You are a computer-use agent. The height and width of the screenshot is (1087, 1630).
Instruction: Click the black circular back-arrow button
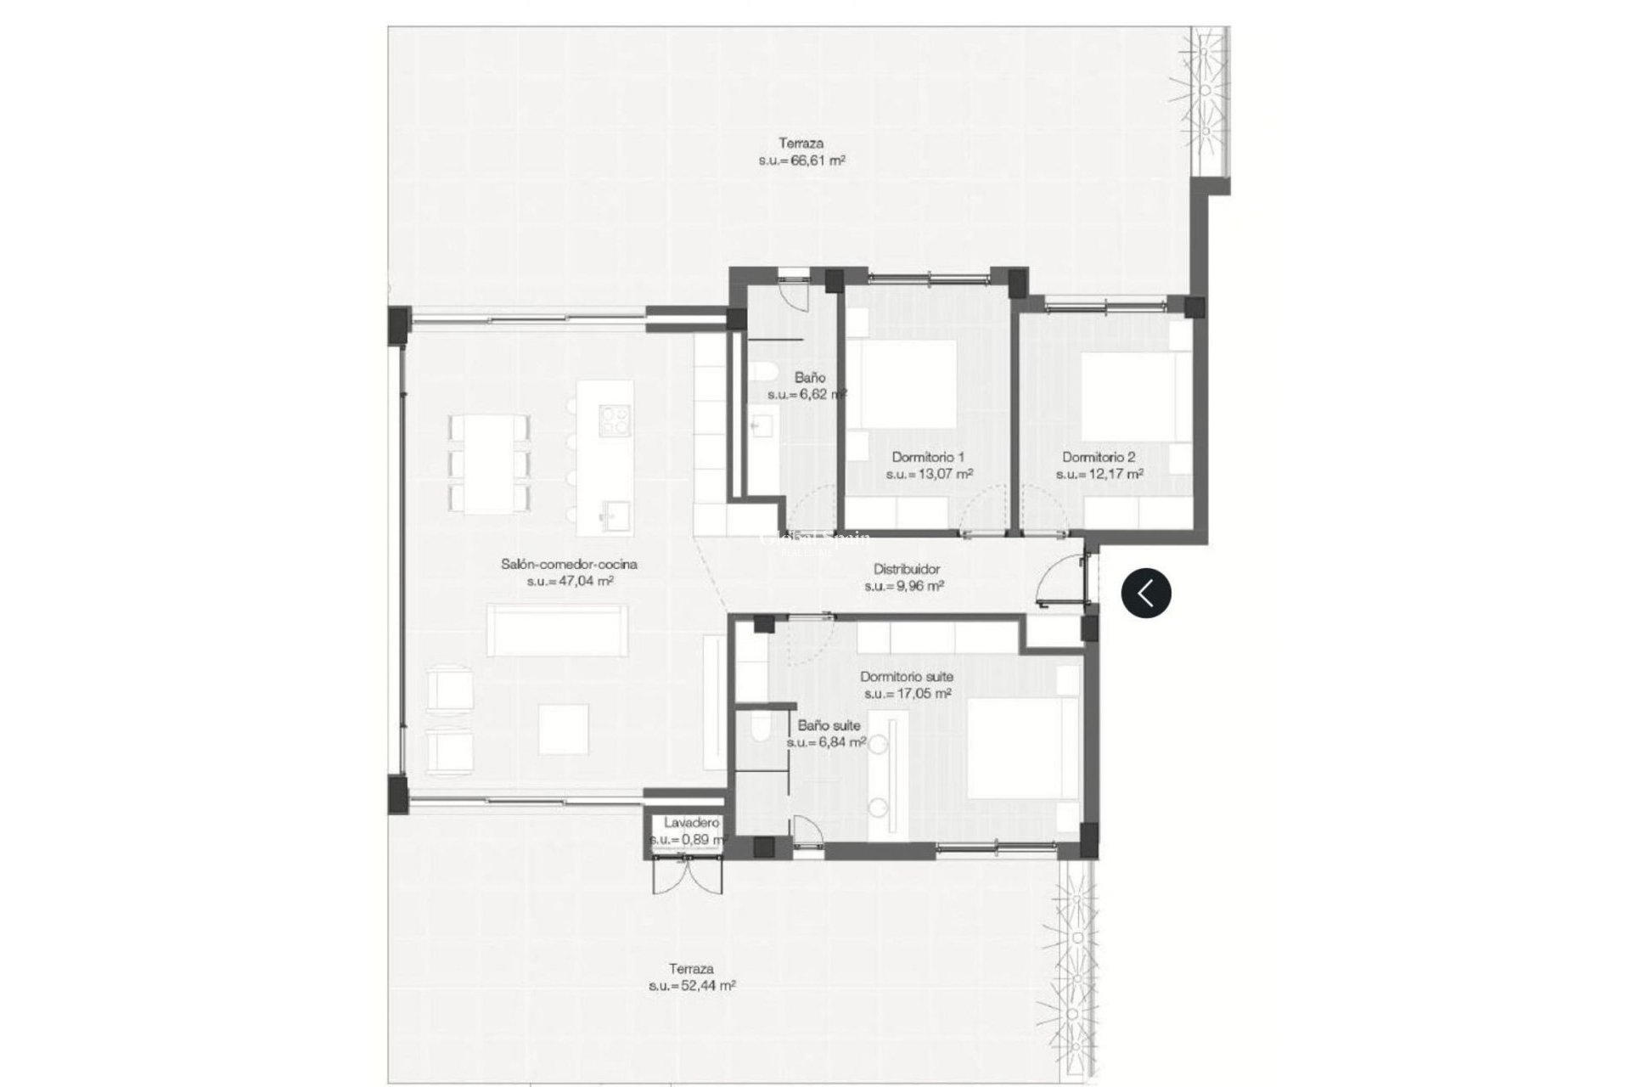coord(1146,592)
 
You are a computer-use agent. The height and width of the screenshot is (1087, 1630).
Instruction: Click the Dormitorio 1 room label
coord(929,465)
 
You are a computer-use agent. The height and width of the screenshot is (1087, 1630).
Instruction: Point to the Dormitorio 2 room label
coord(1099,465)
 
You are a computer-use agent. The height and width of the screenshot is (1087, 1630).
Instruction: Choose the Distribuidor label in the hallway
coord(906,577)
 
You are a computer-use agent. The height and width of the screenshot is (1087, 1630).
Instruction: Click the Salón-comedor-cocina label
coord(569,572)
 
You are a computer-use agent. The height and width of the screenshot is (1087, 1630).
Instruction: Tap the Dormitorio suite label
coord(906,684)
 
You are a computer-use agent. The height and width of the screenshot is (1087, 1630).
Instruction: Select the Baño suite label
coord(828,734)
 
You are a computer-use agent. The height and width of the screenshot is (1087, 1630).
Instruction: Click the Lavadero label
coord(691,831)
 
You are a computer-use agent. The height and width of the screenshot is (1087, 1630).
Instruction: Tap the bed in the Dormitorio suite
coord(1014,747)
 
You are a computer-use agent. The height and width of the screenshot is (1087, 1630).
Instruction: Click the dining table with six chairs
coord(489,463)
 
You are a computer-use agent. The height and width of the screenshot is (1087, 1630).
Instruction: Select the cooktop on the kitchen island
coord(615,420)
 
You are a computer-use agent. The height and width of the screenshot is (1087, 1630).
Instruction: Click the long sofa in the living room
coord(557,630)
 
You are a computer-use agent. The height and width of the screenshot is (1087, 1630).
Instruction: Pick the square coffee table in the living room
coord(563,730)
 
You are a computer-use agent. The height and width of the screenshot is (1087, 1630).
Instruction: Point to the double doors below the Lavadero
coord(688,874)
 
